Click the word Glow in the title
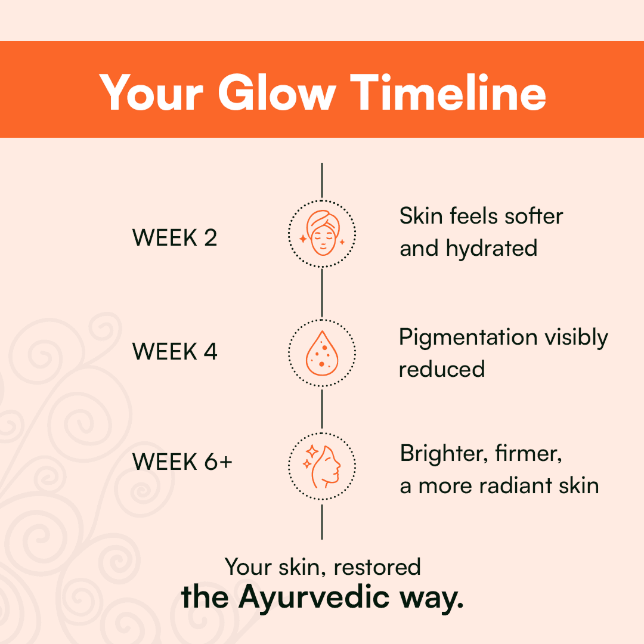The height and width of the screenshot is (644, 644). (277, 92)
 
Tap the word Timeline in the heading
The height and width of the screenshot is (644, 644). (448, 92)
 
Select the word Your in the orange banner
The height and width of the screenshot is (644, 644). (151, 92)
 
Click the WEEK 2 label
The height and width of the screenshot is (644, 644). (175, 237)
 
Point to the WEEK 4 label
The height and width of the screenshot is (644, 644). (175, 352)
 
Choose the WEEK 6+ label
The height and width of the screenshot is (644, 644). (182, 462)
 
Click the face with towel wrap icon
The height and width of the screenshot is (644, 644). (323, 233)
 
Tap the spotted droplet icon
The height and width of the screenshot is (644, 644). (322, 353)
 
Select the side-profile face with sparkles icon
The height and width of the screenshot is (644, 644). (322, 466)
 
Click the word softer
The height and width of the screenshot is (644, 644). (534, 216)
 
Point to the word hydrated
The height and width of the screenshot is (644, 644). (491, 248)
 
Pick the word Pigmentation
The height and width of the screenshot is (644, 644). (468, 338)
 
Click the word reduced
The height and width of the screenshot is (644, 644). (442, 369)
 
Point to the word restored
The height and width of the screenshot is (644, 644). (377, 567)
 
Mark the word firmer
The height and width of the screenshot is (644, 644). (528, 454)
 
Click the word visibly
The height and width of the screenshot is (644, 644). (576, 338)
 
